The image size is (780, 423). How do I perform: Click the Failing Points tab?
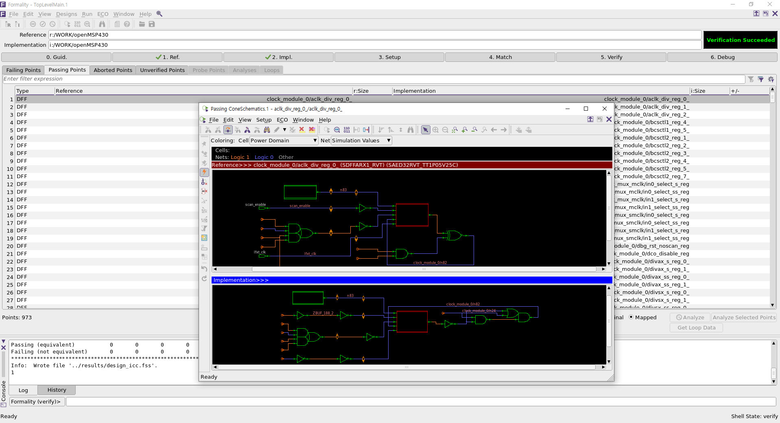(24, 70)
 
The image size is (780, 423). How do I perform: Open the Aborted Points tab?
(113, 70)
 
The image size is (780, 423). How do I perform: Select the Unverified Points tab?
(162, 70)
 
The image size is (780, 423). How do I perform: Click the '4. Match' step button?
(500, 57)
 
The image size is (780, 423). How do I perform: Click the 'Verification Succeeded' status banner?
(740, 40)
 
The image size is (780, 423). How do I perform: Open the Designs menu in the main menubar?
(66, 14)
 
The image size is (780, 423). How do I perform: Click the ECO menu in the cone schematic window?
(282, 120)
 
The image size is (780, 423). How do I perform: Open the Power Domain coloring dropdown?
(284, 141)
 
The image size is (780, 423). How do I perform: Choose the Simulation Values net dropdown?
(361, 141)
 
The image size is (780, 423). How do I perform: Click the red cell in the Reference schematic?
(412, 215)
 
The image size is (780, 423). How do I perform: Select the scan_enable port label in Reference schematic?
(256, 205)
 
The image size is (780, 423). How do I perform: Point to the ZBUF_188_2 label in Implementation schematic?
(323, 313)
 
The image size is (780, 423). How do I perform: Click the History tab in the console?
(57, 390)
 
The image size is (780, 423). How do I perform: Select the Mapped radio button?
(631, 317)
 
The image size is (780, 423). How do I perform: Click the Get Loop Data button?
(696, 328)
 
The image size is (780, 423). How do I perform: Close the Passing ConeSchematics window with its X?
(605, 109)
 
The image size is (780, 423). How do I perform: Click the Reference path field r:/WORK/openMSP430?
(374, 35)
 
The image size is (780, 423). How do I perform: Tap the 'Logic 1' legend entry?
(240, 157)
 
